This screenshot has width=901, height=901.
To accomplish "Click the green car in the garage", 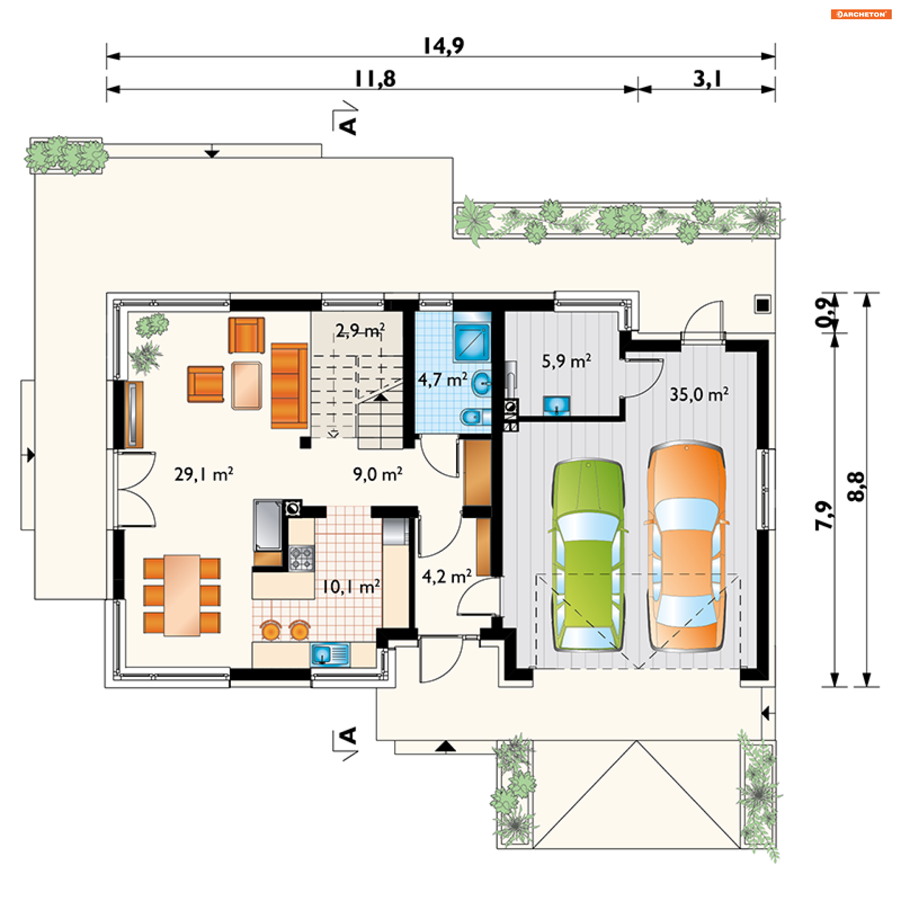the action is pos(588,556).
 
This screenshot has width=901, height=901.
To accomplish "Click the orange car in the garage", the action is pos(687,546).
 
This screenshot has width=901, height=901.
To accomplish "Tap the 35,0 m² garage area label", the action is pos(699,394).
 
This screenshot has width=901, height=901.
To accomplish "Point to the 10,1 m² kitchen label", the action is pos(351,586).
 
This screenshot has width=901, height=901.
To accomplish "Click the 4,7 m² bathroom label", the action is pos(443,379).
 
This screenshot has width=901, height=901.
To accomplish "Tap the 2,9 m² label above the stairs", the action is pos(360,330).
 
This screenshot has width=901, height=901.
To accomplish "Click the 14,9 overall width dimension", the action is pos(443,46).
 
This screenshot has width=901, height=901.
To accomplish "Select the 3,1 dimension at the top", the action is pos(707,79).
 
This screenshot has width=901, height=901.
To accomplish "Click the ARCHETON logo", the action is pos(861,14).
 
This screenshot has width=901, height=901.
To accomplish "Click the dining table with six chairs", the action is pos(182,596).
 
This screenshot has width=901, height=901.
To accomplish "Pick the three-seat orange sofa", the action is pos(289,386).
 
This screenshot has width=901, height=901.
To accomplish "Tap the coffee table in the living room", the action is pos(247,386).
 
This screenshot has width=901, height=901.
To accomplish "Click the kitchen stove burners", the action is pos(301,558).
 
